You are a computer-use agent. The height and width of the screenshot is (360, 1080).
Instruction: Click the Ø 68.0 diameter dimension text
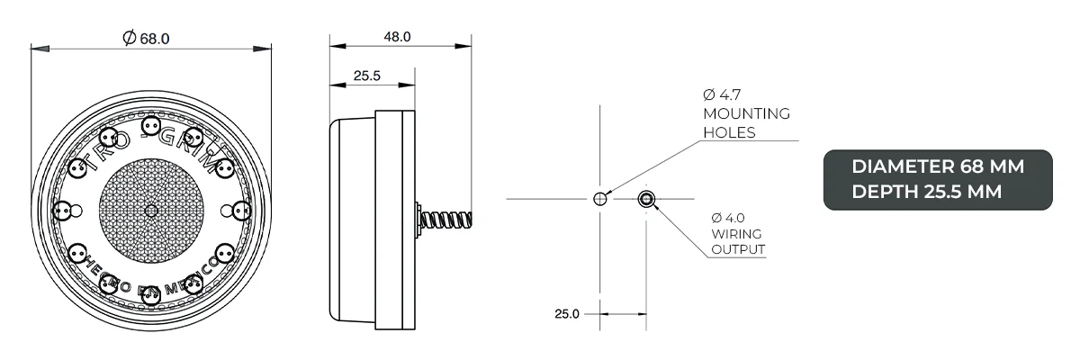point(145,38)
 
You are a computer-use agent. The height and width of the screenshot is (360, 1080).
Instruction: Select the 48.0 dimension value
point(397,38)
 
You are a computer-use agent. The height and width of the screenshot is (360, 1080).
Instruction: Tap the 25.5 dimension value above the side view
point(365,76)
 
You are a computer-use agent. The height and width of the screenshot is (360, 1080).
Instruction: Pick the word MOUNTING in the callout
point(746,114)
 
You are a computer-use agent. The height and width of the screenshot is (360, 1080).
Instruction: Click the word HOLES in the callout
point(729,132)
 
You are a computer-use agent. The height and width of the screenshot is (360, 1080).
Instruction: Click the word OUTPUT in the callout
point(739,249)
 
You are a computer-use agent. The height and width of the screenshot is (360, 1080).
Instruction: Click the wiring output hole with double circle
point(646,199)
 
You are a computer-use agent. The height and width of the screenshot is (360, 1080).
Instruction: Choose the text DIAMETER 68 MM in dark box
point(938,167)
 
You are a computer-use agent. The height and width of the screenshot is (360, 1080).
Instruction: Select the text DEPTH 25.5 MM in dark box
point(926,191)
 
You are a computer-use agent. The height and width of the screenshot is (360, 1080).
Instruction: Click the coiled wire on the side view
point(445,219)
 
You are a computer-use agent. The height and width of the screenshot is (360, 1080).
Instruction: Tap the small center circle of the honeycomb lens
point(151,211)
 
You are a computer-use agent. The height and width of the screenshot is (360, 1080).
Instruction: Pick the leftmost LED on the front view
point(62,211)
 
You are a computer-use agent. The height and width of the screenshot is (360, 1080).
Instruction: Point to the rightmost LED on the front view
point(241,211)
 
